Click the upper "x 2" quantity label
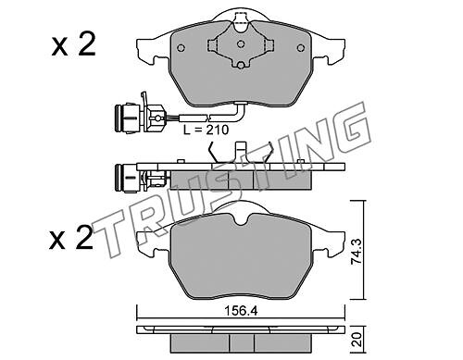(x=73, y=44)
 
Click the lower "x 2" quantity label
(x=71, y=237)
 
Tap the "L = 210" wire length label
(x=206, y=130)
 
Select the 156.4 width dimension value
(x=241, y=311)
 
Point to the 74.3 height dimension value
(x=357, y=251)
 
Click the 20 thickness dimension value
(x=357, y=340)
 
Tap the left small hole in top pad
(x=181, y=48)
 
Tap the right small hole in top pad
(x=300, y=48)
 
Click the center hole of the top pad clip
(x=241, y=44)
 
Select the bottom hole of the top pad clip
(x=241, y=65)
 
